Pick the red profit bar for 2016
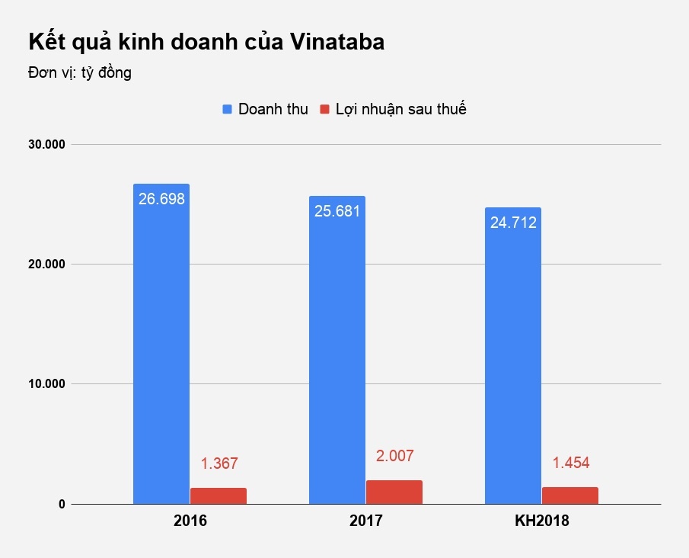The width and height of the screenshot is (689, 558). [x=219, y=495]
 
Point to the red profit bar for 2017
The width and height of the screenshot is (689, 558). [x=394, y=492]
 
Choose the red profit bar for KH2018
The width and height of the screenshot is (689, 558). [x=570, y=495]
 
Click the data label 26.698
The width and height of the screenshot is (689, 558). [x=161, y=199]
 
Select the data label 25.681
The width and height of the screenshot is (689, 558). [x=337, y=211]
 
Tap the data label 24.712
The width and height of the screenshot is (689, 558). [x=513, y=223]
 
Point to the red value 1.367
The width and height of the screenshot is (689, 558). [x=219, y=463]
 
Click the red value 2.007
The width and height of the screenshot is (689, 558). [x=395, y=456]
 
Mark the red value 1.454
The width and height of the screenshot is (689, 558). [x=571, y=463]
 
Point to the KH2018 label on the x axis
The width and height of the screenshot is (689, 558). [x=541, y=522]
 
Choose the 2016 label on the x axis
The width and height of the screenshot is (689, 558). [x=190, y=522]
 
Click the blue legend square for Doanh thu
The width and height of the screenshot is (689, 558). [x=227, y=109]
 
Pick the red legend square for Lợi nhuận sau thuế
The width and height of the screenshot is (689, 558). [x=324, y=109]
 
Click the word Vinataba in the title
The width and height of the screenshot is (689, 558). [x=337, y=43]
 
